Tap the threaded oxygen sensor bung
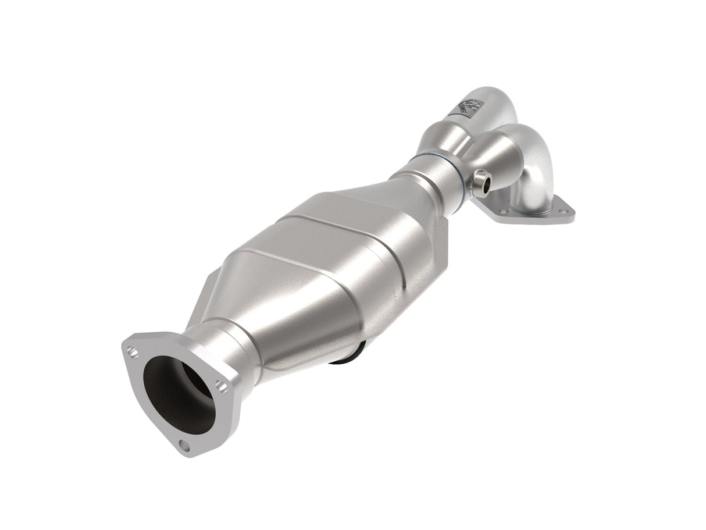click(x=481, y=183)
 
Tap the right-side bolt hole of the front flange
click(x=220, y=384)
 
